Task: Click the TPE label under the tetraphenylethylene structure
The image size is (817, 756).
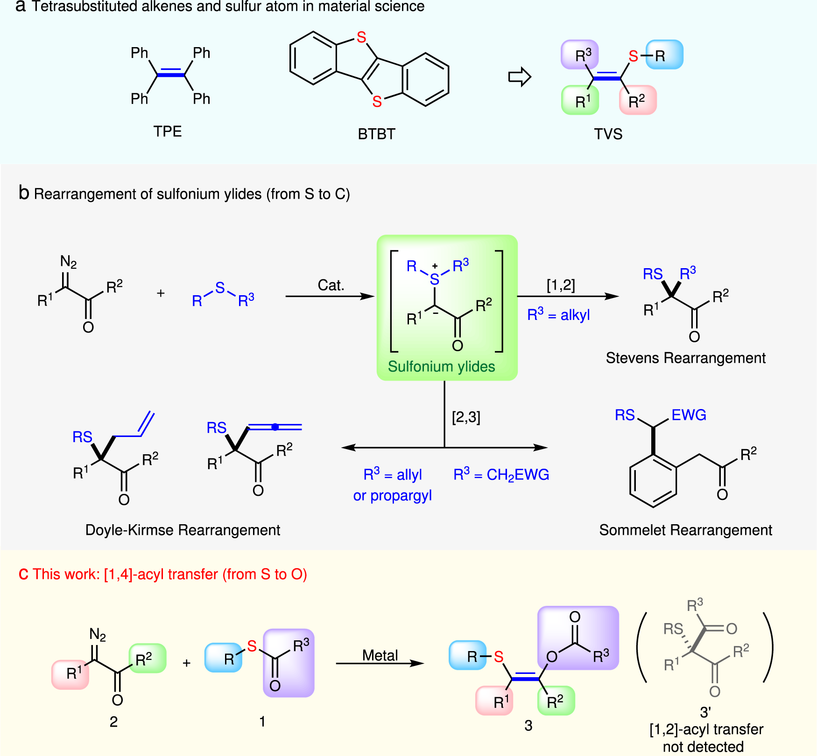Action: (167, 132)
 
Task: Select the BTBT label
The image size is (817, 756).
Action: (376, 134)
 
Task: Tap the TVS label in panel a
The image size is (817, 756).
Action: (608, 134)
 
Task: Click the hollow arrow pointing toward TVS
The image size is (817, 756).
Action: (520, 77)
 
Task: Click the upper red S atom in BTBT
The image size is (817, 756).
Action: (361, 38)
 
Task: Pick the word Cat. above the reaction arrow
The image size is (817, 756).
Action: (331, 285)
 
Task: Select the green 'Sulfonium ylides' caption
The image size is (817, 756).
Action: (441, 367)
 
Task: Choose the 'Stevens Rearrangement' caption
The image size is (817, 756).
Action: (685, 358)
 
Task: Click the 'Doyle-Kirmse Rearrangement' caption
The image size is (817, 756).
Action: (183, 530)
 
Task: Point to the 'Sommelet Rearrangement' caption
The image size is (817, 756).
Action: (685, 530)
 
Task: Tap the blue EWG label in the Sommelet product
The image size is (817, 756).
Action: (689, 415)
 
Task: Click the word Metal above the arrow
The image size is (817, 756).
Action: (380, 655)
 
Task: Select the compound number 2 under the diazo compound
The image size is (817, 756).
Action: (113, 721)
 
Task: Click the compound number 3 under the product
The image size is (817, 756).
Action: (528, 726)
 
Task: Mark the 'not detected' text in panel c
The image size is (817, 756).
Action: (703, 747)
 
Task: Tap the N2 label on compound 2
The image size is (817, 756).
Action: (98, 635)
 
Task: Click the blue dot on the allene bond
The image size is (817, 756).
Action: (275, 427)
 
